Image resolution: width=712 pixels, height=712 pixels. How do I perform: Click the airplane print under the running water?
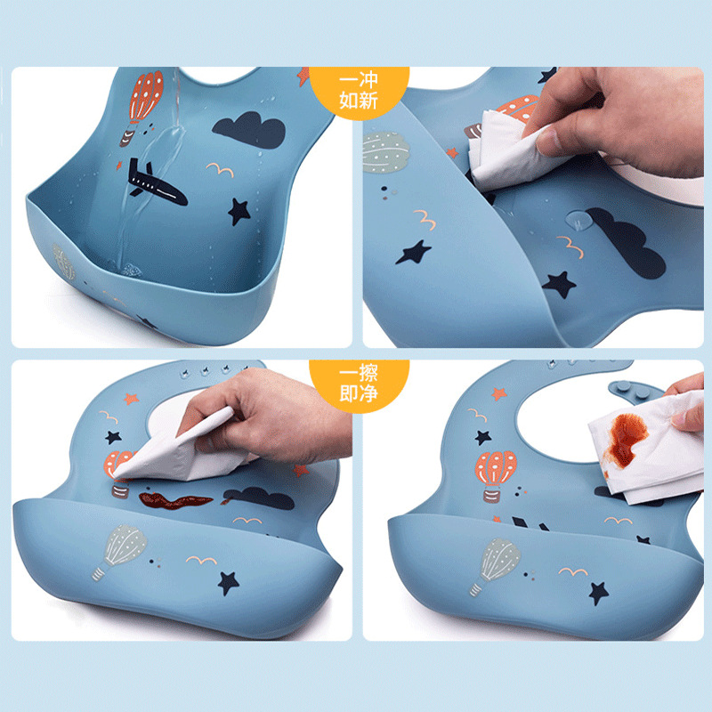pyautogui.click(x=157, y=183)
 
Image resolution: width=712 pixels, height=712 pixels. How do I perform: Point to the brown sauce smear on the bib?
pyautogui.click(x=174, y=500)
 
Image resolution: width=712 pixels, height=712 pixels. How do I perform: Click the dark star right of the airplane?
pyautogui.click(x=239, y=212)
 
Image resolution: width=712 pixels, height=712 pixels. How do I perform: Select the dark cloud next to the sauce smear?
pyautogui.click(x=259, y=498)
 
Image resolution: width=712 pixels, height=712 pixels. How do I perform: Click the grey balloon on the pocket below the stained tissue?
pyautogui.click(x=496, y=565)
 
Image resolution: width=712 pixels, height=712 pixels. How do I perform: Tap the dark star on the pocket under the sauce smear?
pyautogui.click(x=228, y=583)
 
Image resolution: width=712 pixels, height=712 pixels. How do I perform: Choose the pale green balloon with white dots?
pyautogui.click(x=385, y=152)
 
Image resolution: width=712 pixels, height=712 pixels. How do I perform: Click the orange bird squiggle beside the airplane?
pyautogui.click(x=220, y=169)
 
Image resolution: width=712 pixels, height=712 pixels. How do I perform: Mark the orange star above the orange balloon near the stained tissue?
pyautogui.click(x=499, y=393)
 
